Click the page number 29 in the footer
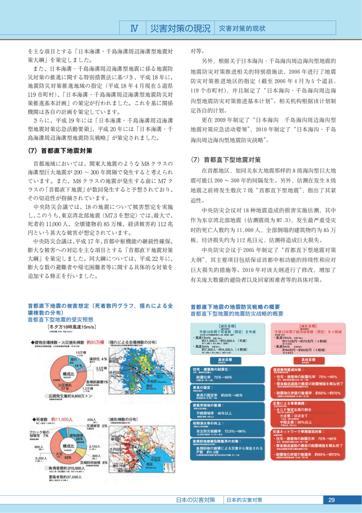coord(331,500)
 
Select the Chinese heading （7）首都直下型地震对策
coord(226,159)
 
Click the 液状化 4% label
coord(98,359)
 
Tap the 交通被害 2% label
coord(98,426)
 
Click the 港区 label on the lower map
coord(149,464)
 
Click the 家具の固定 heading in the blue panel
coord(205,388)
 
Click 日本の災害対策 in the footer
coord(195,500)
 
